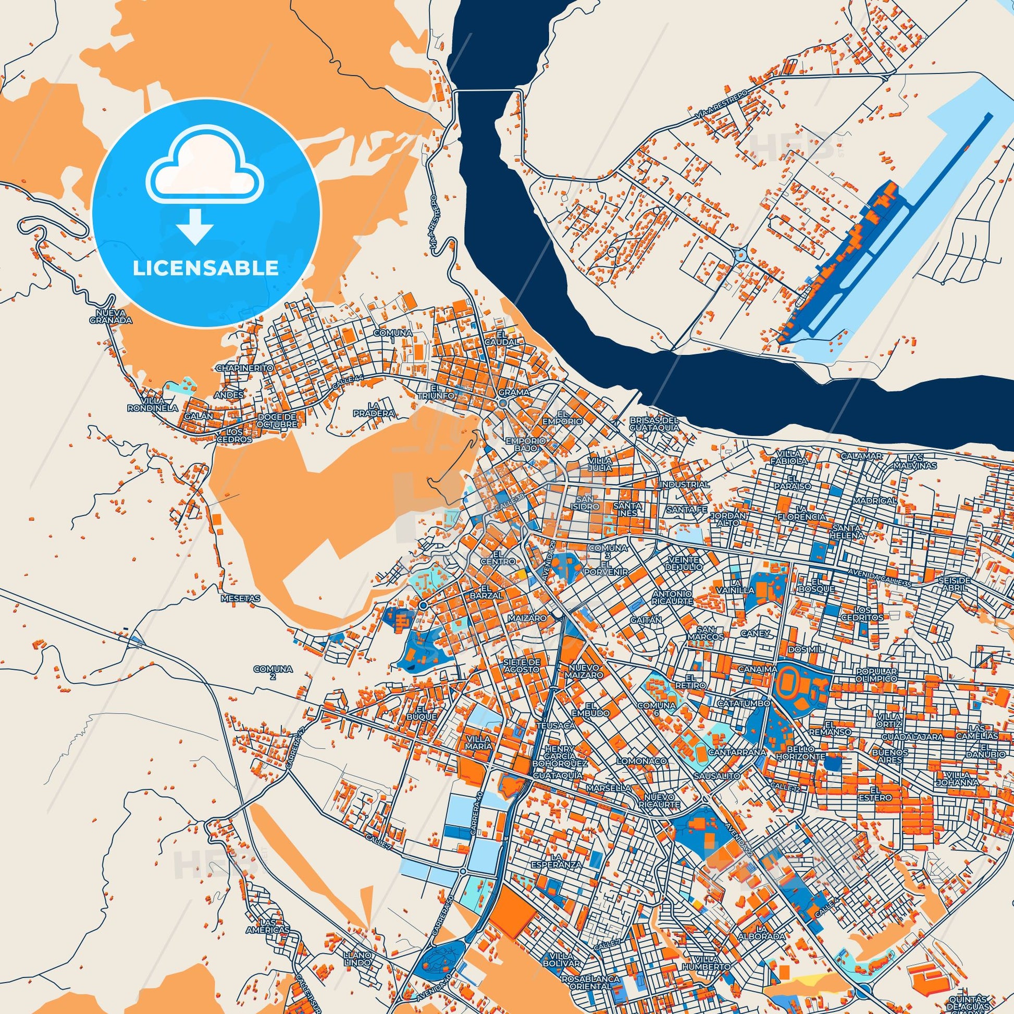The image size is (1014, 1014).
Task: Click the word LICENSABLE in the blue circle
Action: click(205, 268)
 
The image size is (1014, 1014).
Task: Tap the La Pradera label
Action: click(374, 410)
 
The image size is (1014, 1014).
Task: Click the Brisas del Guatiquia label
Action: click(654, 424)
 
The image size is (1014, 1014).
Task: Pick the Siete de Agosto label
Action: click(521, 666)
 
